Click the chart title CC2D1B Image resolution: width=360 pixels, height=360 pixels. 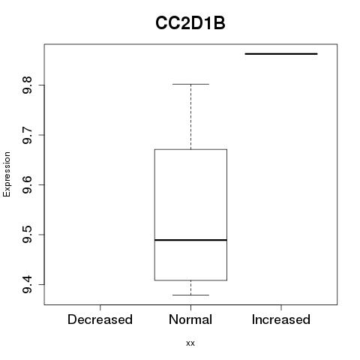[x=190, y=23]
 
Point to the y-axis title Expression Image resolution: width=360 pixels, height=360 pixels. [x=7, y=174]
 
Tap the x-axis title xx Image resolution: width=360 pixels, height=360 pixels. [x=190, y=343]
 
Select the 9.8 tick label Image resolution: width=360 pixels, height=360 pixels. [x=27, y=85]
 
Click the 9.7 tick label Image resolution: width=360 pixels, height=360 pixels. [x=27, y=135]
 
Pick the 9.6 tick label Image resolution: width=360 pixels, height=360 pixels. [x=27, y=184]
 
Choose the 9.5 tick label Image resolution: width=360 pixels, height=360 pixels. [x=27, y=235]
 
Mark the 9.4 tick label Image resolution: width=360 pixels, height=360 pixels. [x=27, y=284]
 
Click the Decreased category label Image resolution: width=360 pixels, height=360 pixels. [x=100, y=319]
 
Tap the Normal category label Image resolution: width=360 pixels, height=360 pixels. [x=190, y=319]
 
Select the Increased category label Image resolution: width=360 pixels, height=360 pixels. [x=281, y=319]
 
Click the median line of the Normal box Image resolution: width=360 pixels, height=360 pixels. [x=190, y=240]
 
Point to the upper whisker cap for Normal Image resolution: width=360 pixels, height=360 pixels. [x=190, y=84]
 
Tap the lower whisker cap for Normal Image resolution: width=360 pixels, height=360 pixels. [x=190, y=295]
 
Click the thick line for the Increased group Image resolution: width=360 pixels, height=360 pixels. [x=281, y=54]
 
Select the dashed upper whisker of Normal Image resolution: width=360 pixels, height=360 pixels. [x=190, y=117]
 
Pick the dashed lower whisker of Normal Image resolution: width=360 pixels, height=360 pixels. [x=190, y=287]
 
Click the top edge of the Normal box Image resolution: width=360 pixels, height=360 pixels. [x=190, y=149]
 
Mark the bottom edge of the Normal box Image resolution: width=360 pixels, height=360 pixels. [x=190, y=280]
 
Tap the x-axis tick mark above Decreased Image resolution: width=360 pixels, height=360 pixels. [x=100, y=307]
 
